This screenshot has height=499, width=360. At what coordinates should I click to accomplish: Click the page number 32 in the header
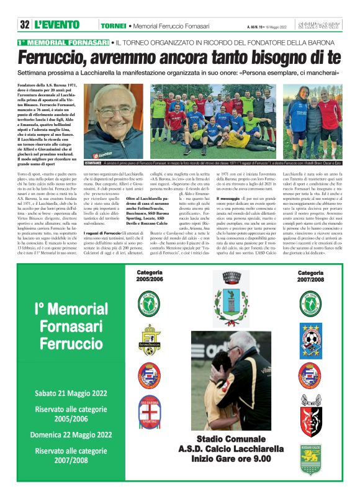click(25, 25)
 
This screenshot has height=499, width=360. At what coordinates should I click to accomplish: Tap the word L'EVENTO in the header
click(57, 25)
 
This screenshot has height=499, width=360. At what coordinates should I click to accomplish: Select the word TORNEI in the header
click(113, 25)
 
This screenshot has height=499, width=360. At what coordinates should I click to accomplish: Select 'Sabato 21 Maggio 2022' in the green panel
click(71, 393)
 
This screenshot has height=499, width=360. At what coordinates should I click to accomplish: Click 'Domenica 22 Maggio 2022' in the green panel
click(71, 434)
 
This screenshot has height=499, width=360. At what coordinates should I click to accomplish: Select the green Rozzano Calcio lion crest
click(310, 459)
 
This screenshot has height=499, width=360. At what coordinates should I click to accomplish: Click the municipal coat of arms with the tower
click(230, 307)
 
